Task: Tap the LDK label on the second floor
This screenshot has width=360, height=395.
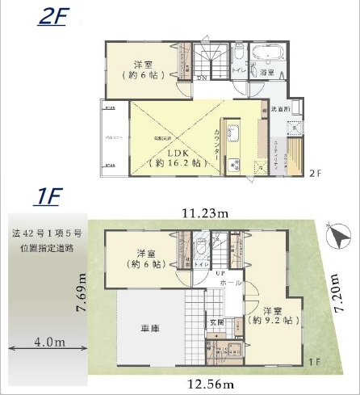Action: pos(177,152)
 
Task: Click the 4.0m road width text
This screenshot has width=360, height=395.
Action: pos(48,342)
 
